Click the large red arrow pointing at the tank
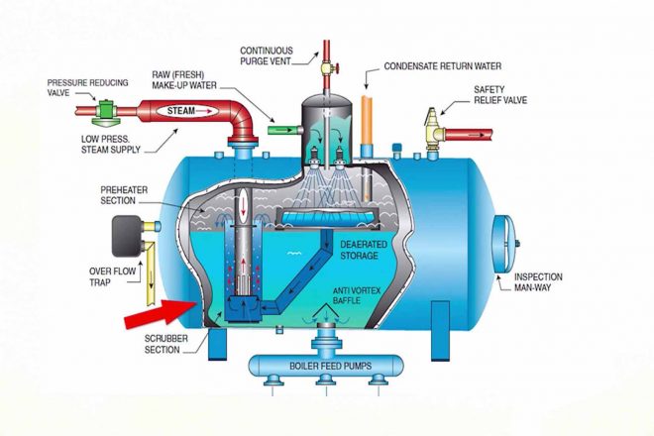pyautogui.click(x=161, y=314)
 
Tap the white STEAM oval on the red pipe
pyautogui.click(x=188, y=111)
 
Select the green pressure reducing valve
pyautogui.click(x=106, y=112)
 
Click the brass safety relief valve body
pyautogui.click(x=433, y=129)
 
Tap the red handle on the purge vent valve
pyautogui.click(x=338, y=67)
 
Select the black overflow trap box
pyautogui.click(x=128, y=235)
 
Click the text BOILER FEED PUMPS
pyautogui.click(x=330, y=366)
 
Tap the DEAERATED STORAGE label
pyautogui.click(x=358, y=250)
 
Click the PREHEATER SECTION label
pyautogui.click(x=124, y=195)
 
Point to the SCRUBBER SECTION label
pyautogui.click(x=166, y=344)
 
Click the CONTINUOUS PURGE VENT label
pyautogui.click(x=267, y=55)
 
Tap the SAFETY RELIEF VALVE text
pyautogui.click(x=500, y=95)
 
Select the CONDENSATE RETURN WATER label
pyautogui.click(x=443, y=66)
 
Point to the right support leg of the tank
pyautogui.click(x=440, y=331)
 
